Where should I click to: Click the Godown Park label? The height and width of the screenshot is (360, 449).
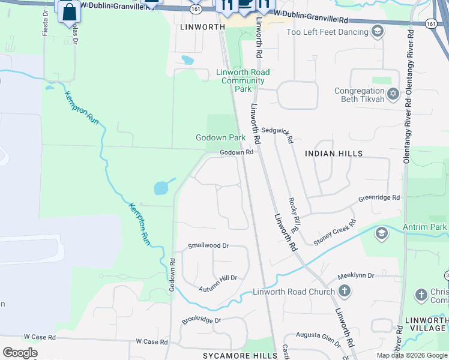(x=220, y=137)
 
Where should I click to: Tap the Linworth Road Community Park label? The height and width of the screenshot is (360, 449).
(x=243, y=80)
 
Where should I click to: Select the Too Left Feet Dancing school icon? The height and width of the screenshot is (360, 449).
(x=378, y=31)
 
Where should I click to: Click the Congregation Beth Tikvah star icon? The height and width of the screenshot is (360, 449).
(x=393, y=93)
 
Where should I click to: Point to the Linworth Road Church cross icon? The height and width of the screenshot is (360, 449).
(x=345, y=292)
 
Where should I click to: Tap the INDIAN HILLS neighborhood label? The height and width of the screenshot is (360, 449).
(x=334, y=154)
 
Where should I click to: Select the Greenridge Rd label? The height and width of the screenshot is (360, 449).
(x=379, y=197)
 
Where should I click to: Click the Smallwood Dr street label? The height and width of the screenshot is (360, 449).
(x=208, y=245)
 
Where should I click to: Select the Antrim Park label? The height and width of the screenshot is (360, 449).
(x=430, y=227)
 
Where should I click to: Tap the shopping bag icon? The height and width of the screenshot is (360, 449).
(x=69, y=11)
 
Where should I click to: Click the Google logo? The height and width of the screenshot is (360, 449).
(x=20, y=353)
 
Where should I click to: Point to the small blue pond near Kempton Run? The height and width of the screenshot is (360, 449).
(x=162, y=188)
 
